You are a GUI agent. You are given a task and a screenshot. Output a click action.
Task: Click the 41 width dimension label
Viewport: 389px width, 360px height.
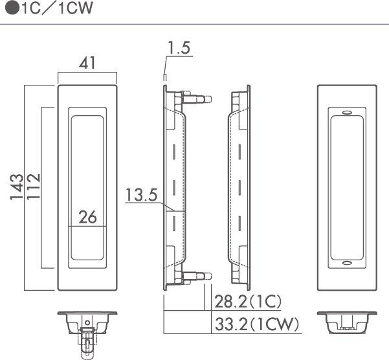pyautogui.click(x=87, y=63)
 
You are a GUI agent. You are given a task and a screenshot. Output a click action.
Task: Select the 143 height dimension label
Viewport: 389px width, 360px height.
pyautogui.click(x=17, y=187)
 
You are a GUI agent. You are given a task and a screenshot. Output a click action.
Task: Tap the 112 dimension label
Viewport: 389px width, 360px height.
pyautogui.click(x=33, y=186)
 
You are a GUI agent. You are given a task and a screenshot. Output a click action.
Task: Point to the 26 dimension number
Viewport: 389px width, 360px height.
pyautogui.click(x=87, y=217)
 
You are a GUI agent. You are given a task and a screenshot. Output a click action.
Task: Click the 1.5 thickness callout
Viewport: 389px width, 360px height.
pyautogui.click(x=179, y=48)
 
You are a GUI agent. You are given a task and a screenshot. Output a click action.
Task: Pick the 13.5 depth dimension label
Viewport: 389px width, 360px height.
pyautogui.click(x=141, y=195)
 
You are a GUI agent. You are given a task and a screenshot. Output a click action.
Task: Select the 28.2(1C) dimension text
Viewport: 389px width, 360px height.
pyautogui.click(x=248, y=302)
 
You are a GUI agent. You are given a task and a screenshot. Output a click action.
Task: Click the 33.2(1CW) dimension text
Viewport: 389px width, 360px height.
pyautogui.click(x=257, y=324)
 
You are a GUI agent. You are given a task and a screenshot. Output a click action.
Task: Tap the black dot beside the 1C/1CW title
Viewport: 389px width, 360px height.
pyautogui.click(x=12, y=8)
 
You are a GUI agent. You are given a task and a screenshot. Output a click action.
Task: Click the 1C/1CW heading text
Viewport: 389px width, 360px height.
pyautogui.click(x=58, y=8)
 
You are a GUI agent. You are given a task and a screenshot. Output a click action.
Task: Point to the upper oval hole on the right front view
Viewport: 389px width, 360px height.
pyautogui.click(x=347, y=113)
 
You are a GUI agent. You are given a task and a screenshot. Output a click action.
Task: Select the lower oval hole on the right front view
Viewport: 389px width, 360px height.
pyautogui.click(x=347, y=263)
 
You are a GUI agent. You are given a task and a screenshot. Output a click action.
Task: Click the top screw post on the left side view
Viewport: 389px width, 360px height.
pyautogui.click(x=197, y=99)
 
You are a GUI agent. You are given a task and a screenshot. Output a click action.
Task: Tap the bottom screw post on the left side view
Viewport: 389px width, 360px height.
pyautogui.click(x=197, y=276)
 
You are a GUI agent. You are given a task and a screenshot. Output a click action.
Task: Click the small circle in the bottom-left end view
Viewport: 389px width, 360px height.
pyautogui.click(x=87, y=323)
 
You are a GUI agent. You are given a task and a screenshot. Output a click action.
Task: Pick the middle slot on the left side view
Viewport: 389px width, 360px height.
pyautogui.click(x=174, y=187)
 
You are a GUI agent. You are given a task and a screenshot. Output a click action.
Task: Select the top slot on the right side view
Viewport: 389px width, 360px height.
pyautogui.click(x=239, y=152)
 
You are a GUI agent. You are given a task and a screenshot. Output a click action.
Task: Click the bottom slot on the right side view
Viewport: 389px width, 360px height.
pyautogui.click(x=239, y=224)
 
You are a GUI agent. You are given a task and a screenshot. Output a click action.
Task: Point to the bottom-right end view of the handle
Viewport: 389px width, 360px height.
pyautogui.click(x=347, y=322)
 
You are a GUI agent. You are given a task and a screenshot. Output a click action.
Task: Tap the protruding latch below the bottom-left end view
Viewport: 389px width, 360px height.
pyautogui.click(x=87, y=343)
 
